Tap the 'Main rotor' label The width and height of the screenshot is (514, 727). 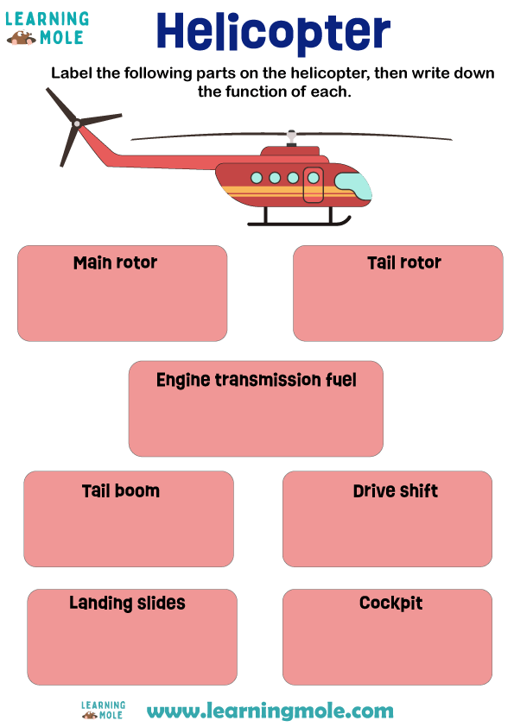point(116,262)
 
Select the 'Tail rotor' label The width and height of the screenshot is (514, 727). point(403,262)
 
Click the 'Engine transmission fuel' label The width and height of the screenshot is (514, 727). point(256,380)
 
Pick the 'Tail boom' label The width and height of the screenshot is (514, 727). point(121,491)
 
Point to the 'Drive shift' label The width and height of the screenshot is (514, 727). point(395,491)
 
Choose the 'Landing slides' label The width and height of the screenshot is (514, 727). point(127,603)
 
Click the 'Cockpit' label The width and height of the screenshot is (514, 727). point(390,603)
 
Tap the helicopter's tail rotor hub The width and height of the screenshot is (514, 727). point(76,124)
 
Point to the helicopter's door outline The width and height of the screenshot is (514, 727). point(314,185)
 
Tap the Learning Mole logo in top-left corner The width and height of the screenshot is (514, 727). point(47,28)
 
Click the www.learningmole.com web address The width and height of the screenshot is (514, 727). point(270,711)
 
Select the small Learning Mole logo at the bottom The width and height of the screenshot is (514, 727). point(103,711)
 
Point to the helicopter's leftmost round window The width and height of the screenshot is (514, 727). point(257,178)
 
